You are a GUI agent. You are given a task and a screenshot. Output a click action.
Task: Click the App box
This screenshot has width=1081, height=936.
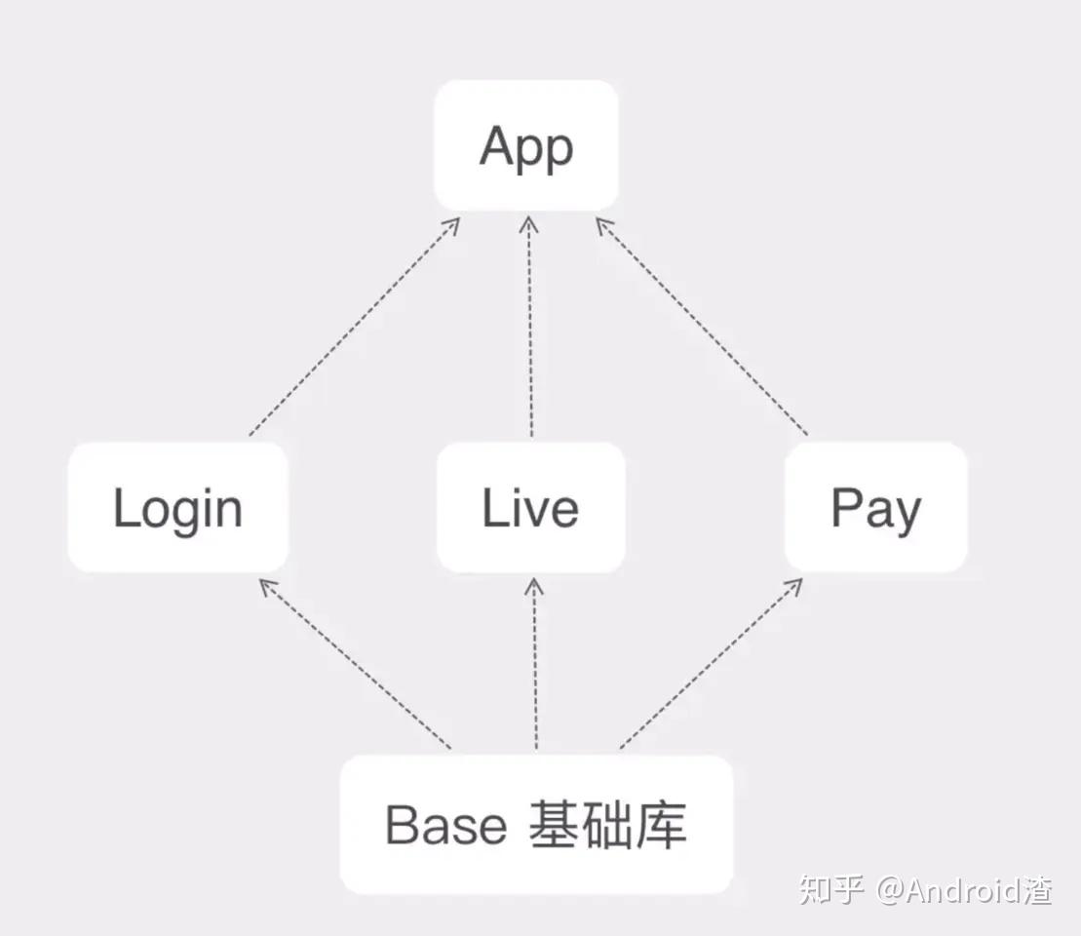point(526,146)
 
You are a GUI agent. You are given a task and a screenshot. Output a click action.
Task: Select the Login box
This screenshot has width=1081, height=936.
point(177,507)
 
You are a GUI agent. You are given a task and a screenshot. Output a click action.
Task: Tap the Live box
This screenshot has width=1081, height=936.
point(530,507)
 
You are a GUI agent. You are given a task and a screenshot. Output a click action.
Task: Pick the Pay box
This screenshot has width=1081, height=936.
point(875,507)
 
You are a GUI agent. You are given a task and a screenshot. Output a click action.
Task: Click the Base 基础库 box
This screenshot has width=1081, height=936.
point(536,825)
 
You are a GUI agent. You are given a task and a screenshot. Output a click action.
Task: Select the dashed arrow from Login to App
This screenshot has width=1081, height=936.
point(353,328)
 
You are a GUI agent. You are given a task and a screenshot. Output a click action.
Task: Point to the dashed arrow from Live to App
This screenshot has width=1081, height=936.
point(530,328)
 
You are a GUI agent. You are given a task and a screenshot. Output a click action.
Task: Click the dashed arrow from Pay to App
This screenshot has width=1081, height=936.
point(702,328)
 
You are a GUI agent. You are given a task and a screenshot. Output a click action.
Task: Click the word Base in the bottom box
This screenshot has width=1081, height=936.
point(446,826)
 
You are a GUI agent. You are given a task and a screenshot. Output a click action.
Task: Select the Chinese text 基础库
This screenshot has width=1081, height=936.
point(608,825)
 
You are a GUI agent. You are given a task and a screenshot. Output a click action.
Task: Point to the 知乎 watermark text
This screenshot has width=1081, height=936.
point(831,889)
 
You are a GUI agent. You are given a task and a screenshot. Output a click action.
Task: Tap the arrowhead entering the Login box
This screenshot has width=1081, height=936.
point(266,586)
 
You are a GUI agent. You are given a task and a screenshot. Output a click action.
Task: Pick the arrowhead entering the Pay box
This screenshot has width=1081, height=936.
point(795,585)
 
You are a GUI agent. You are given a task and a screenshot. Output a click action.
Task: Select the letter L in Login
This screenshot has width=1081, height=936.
point(123,507)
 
